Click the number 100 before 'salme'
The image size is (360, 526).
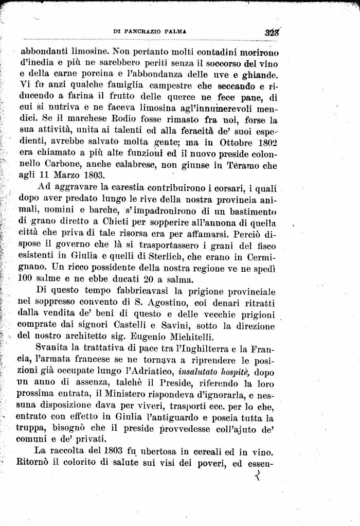pos(25,279)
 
